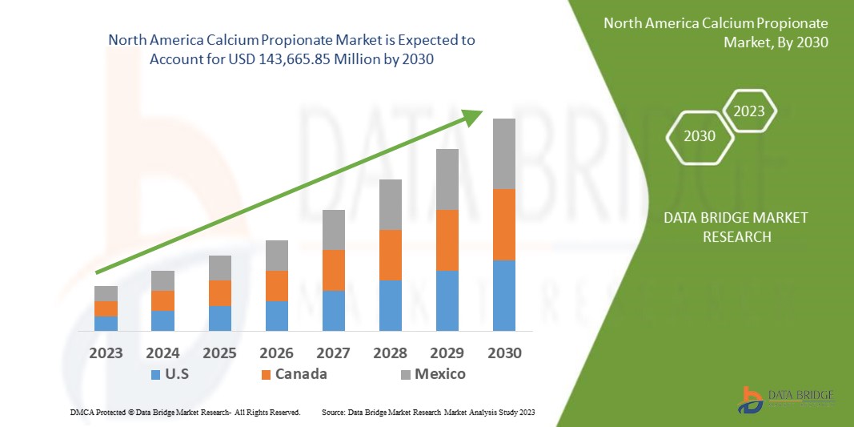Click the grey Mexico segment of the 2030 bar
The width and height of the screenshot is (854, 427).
tap(503, 154)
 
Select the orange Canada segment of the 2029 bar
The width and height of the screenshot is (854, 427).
tap(447, 240)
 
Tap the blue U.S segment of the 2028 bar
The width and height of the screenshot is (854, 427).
tap(390, 305)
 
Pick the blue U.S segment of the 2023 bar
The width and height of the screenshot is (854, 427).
tap(106, 324)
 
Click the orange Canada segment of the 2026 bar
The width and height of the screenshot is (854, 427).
tap(276, 286)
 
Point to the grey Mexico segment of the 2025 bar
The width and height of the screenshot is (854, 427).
tap(219, 268)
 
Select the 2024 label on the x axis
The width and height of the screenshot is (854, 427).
tap(162, 352)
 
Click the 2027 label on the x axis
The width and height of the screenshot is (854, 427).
tap(333, 352)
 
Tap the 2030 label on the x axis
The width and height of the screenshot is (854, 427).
tap(503, 352)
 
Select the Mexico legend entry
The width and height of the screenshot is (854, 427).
tap(431, 374)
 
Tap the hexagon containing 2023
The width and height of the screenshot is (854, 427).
tap(750, 111)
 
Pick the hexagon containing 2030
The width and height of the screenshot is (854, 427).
tap(700, 136)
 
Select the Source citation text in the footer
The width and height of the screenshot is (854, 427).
tap(427, 412)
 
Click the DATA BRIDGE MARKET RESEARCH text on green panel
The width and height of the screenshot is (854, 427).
tap(736, 227)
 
